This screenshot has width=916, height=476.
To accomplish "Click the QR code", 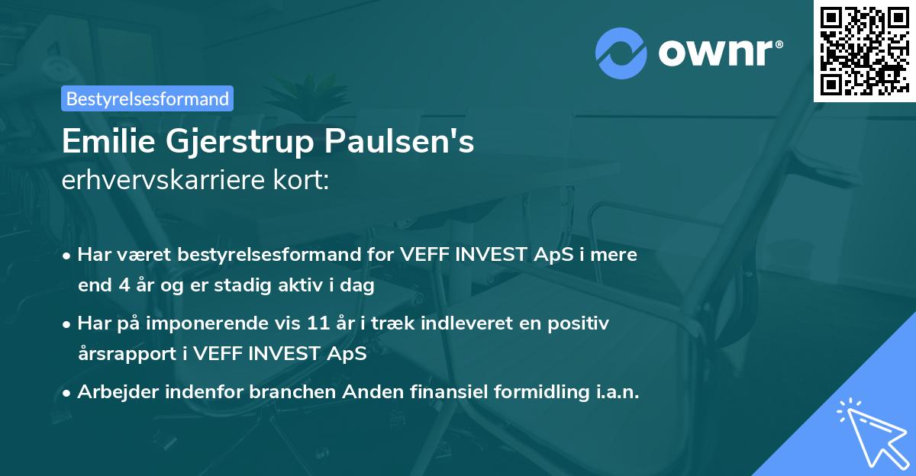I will [864, 50].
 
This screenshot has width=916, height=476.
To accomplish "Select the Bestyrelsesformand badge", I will [147, 98].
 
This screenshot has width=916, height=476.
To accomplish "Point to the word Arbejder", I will [114, 392].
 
